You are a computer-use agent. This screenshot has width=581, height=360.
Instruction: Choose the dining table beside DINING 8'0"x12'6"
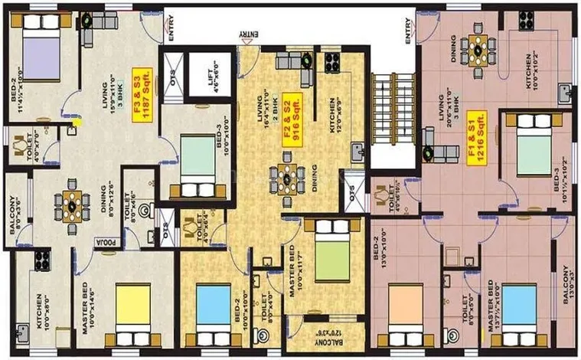coord(70,205)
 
